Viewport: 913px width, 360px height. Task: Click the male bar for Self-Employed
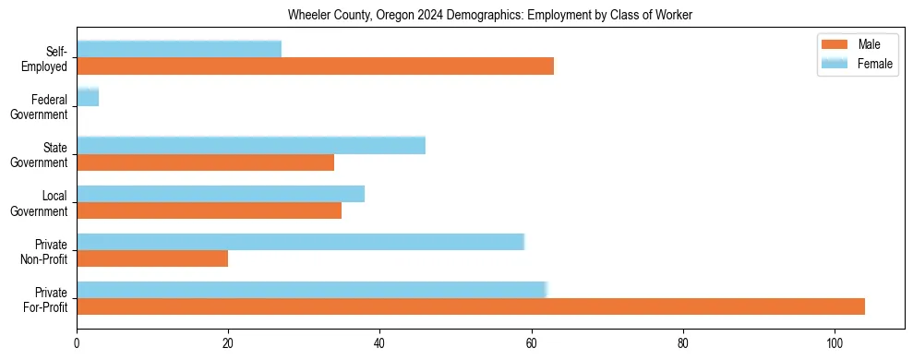point(315,66)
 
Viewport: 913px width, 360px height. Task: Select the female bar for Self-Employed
point(179,49)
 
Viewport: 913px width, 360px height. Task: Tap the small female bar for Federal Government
point(88,97)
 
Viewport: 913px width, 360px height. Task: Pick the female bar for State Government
point(251,145)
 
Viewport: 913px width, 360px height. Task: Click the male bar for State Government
point(205,162)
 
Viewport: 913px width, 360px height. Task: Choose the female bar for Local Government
point(221,193)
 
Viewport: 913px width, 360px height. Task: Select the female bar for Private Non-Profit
point(300,241)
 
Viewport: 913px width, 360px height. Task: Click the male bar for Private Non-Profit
point(152,258)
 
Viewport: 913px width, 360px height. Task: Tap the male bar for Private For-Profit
point(471,306)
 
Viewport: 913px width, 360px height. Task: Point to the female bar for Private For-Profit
point(312,289)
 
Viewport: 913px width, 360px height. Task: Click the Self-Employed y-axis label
point(50,59)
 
